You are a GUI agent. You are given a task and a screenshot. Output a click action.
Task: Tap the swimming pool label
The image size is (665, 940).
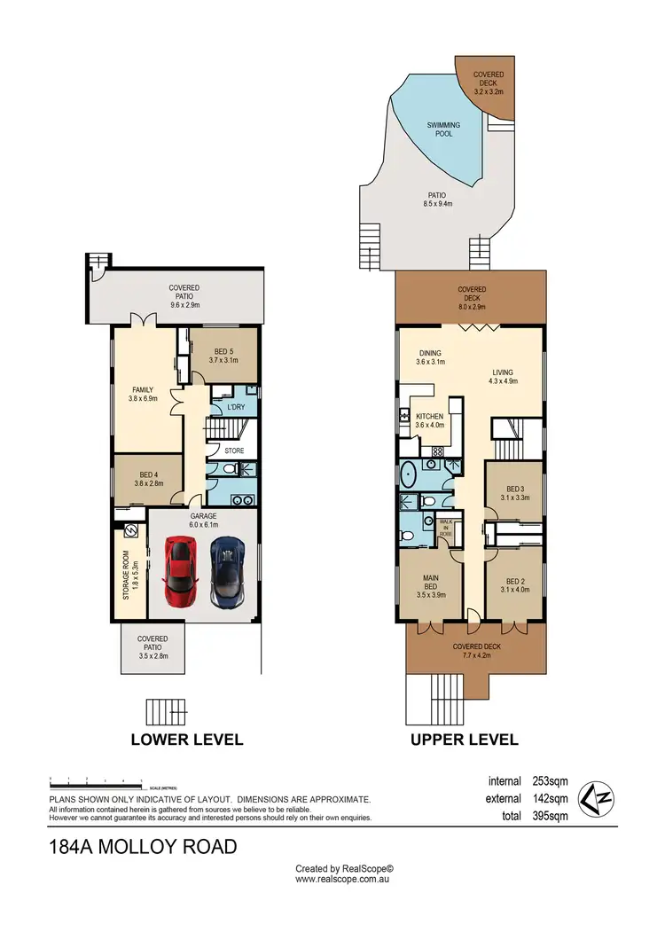444,129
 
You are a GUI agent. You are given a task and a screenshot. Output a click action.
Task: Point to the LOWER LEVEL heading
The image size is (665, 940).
186,739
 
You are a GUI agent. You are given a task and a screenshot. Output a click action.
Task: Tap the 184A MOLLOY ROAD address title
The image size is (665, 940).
143,847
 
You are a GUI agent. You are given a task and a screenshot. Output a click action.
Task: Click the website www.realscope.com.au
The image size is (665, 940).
343,879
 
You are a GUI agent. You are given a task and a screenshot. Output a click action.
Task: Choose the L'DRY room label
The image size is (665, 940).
236,406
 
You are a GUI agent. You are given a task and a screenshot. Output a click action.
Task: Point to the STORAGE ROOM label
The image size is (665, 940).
126,574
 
